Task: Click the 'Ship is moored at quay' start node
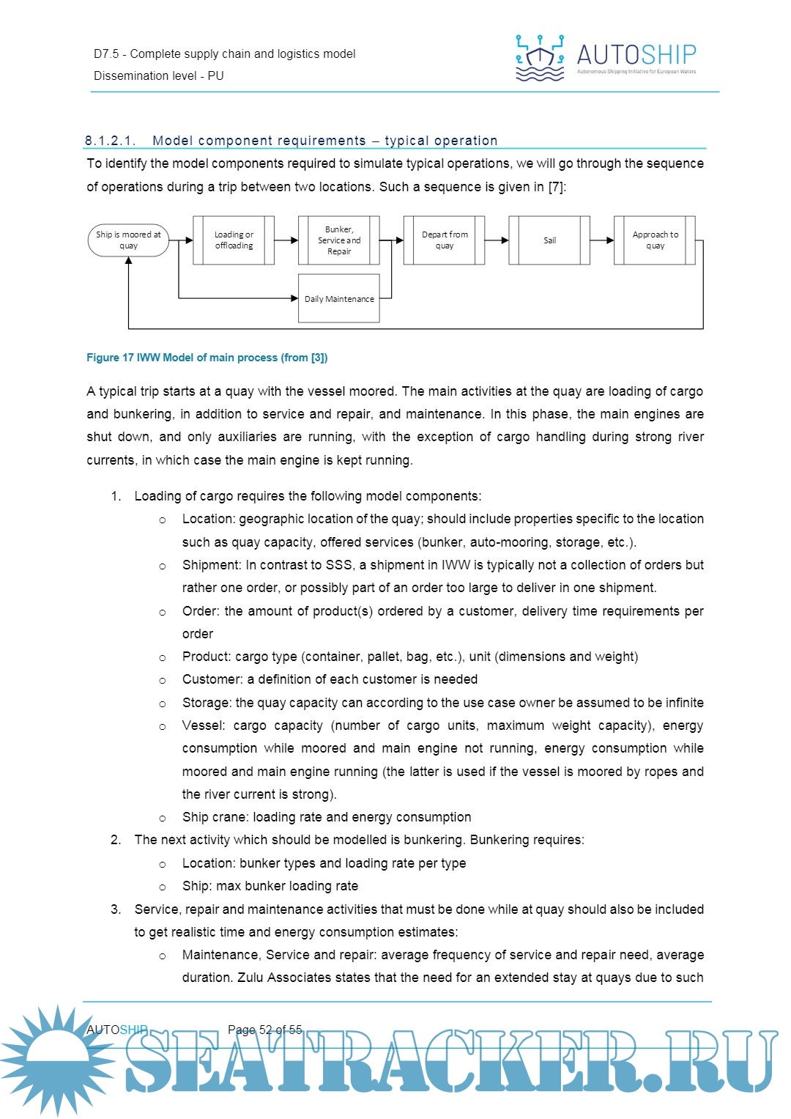pos(128,240)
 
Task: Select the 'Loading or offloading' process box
pos(234,240)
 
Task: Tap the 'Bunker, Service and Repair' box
pos(339,240)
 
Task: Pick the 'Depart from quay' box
pos(445,240)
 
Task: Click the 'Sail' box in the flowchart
pos(549,240)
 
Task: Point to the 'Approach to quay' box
pos(655,240)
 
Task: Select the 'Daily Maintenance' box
pos(339,299)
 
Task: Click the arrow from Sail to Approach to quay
pos(602,240)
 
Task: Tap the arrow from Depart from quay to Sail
pos(497,240)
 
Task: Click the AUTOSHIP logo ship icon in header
pos(540,57)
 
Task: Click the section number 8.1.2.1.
pos(110,141)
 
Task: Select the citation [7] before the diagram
pos(556,187)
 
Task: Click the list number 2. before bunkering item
pos(116,840)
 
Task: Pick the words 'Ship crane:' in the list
pos(215,817)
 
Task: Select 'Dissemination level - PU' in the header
pos(159,75)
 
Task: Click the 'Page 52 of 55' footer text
pos(264,1030)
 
